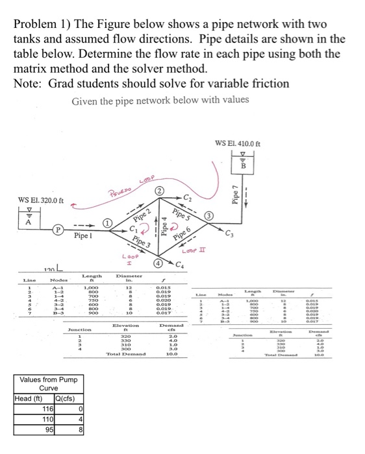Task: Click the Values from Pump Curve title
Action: point(49,384)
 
